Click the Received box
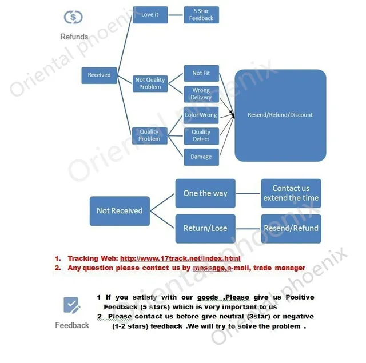pyautogui.click(x=99, y=75)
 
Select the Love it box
pyautogui.click(x=150, y=15)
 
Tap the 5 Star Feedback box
pyautogui.click(x=201, y=15)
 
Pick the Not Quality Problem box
pyautogui.click(x=150, y=83)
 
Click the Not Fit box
pyautogui.click(x=201, y=73)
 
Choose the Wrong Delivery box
pyautogui.click(x=201, y=94)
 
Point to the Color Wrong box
pyautogui.click(x=201, y=115)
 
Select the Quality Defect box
pyautogui.click(x=201, y=136)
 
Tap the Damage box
pyautogui.click(x=201, y=157)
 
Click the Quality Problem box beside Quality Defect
pyautogui.click(x=150, y=135)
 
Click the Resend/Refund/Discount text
pyautogui.click(x=280, y=115)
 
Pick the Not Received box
pyautogui.click(x=120, y=211)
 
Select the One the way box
pyautogui.click(x=205, y=193)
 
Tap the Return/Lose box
pyautogui.click(x=205, y=229)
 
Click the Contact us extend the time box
pyautogui.click(x=291, y=193)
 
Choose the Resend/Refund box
pyautogui.click(x=291, y=229)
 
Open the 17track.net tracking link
pyautogui.click(x=180, y=258)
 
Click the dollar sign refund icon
pyautogui.click(x=73, y=17)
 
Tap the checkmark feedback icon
pyautogui.click(x=71, y=305)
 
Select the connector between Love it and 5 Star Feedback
pyautogui.click(x=176, y=15)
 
